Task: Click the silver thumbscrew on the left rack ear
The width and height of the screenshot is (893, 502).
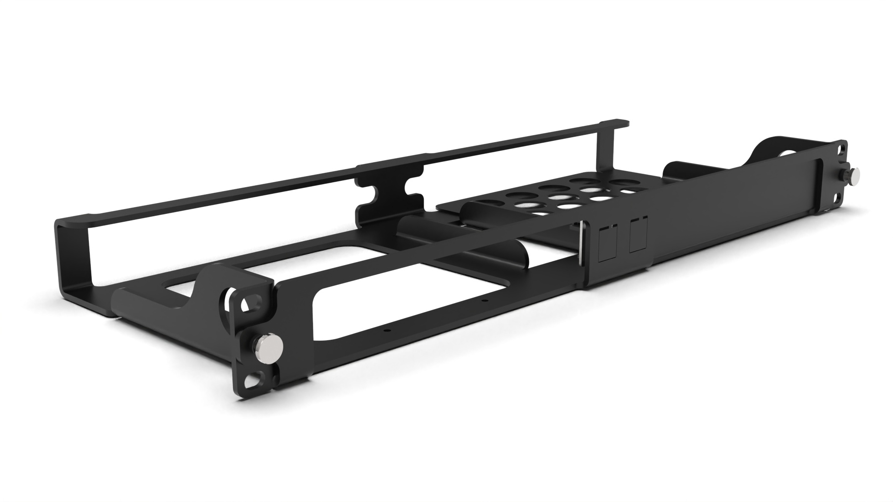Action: click(267, 346)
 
